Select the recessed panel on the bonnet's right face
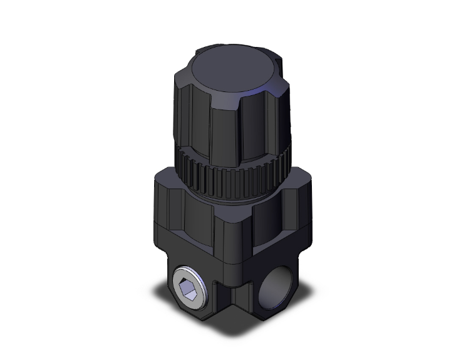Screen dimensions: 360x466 click(276, 216)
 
